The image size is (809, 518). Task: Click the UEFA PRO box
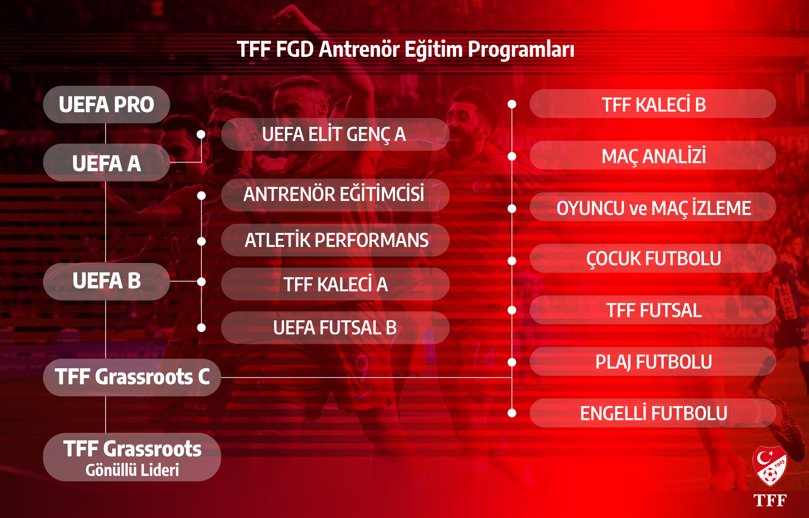click(x=106, y=104)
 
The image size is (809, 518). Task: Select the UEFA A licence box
click(x=106, y=162)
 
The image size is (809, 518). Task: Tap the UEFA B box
click(x=106, y=282)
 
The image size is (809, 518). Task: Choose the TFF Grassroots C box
click(x=132, y=377)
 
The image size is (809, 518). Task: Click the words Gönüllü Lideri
click(x=132, y=470)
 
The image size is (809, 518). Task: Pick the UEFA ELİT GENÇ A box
click(x=335, y=134)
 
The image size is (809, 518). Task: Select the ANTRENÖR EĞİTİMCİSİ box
click(x=335, y=195)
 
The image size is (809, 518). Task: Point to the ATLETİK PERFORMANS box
click(x=335, y=240)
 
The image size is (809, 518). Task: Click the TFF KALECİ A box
click(x=335, y=284)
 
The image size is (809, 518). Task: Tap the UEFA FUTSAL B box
click(x=335, y=328)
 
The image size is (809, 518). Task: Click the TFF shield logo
click(x=770, y=466)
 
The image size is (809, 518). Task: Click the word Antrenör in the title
click(x=359, y=49)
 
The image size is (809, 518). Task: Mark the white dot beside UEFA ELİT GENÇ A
click(x=201, y=134)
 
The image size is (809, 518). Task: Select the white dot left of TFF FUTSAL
click(x=511, y=310)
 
